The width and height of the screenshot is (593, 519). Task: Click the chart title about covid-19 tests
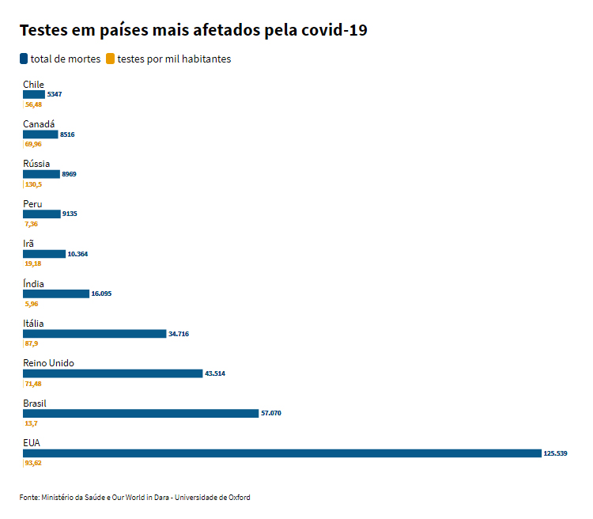193,31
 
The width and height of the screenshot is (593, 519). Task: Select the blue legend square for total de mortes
24,59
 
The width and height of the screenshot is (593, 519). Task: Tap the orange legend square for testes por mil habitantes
111,59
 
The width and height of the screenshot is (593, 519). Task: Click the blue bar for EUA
281,453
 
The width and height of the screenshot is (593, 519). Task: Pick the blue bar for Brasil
141,413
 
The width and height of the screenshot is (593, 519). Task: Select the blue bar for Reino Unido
112,373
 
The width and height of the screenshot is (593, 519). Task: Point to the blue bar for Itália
94,334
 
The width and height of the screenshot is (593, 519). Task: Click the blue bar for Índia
55,294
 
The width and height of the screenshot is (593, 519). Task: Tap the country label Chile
33,85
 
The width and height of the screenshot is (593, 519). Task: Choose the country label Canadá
39,124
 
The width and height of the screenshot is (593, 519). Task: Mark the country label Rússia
36,164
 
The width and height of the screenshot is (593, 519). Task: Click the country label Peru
32,204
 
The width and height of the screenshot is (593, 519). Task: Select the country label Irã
28,244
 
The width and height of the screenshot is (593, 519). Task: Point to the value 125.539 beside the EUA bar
555,453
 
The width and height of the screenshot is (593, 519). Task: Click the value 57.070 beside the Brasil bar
271,413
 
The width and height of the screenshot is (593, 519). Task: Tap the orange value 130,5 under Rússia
33,184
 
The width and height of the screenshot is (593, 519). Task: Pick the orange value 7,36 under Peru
32,224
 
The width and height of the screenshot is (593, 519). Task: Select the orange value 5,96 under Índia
32,304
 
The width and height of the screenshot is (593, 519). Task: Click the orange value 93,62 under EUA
33,463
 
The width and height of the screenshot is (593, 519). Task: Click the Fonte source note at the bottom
134,498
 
